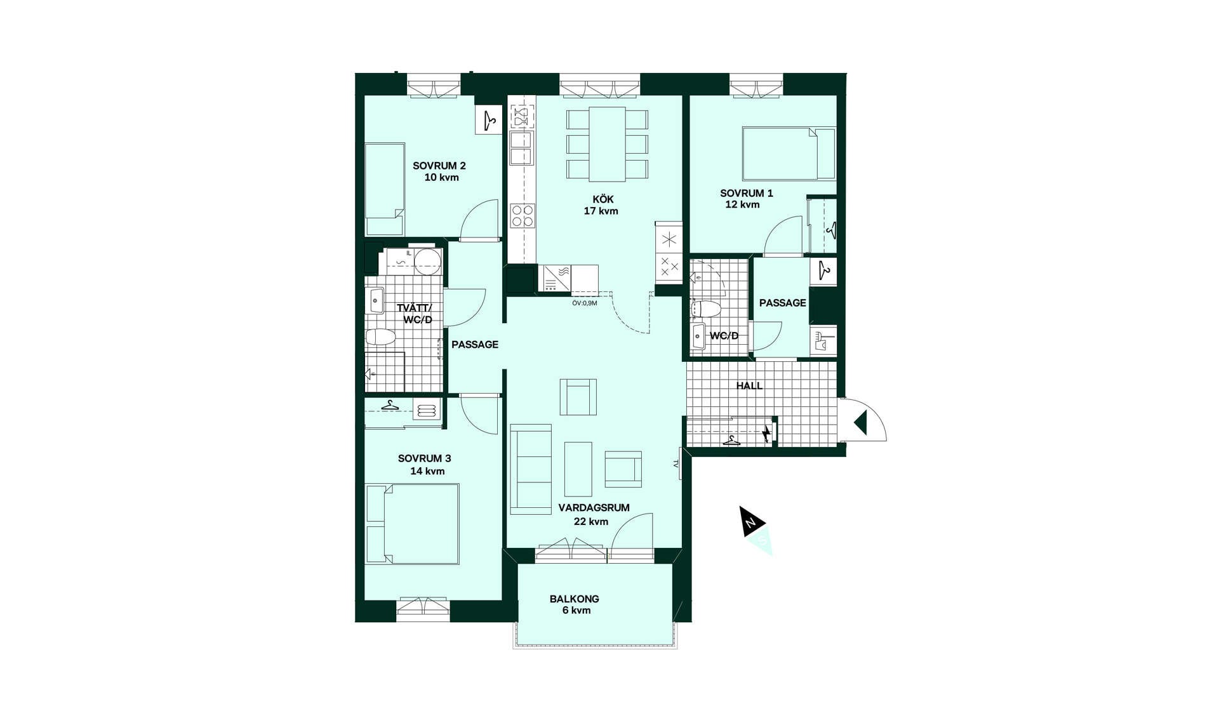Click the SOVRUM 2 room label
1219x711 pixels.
pos(439,166)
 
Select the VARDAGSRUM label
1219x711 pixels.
pos(594,508)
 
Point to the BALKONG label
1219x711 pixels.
pos(575,599)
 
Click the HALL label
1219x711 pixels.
pos(750,385)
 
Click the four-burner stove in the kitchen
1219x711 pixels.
pos(523,216)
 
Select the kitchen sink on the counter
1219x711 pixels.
pos(521,148)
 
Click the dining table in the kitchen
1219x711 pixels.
pos(607,144)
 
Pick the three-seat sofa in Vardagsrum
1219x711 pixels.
pos(531,469)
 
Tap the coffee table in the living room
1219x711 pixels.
pos(578,469)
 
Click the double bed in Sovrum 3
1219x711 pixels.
pos(413,524)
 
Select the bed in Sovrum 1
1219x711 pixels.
pos(789,153)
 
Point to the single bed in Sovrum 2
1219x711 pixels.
pos(385,189)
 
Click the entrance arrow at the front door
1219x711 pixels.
pos(861,423)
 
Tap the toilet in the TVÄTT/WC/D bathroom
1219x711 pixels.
pos(381,337)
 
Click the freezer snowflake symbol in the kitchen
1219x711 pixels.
pos(669,240)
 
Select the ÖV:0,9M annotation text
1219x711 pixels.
pos(585,303)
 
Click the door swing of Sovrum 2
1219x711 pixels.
pos(479,220)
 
